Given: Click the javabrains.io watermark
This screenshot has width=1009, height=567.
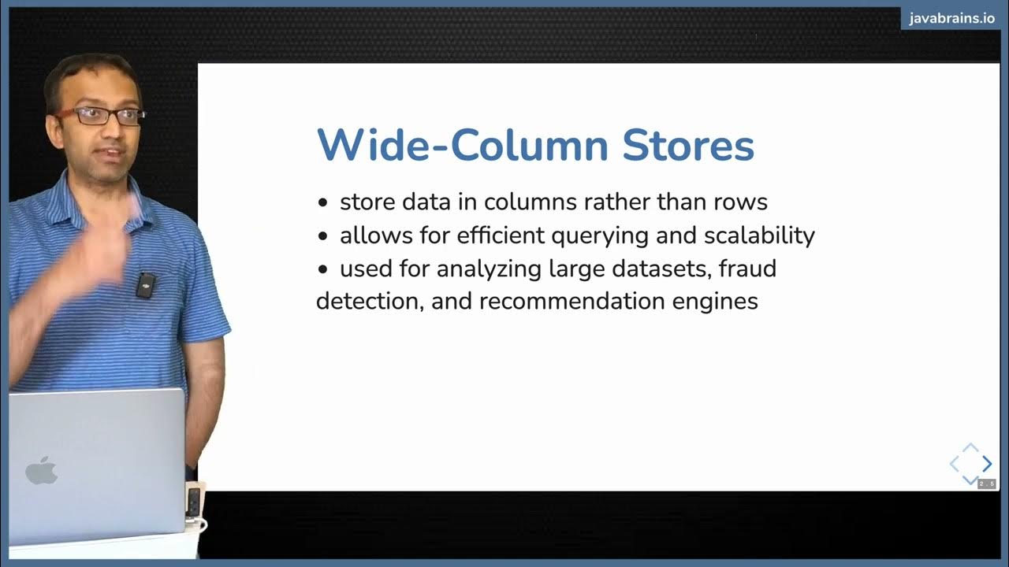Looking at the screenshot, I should [x=951, y=19].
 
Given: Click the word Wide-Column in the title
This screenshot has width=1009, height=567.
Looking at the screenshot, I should [x=462, y=146].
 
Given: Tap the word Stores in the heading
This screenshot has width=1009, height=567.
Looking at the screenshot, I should [x=688, y=146].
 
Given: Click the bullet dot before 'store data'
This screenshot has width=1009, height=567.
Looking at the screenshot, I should [x=322, y=203].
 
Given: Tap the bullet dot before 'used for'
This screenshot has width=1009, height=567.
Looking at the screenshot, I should [x=322, y=269].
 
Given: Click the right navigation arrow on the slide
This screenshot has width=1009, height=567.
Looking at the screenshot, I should [x=987, y=465].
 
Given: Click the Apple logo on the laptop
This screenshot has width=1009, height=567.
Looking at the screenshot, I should [x=42, y=471].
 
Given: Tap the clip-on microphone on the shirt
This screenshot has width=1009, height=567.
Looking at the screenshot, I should [x=145, y=284].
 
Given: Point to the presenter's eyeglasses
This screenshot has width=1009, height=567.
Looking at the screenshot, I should [x=99, y=116].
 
